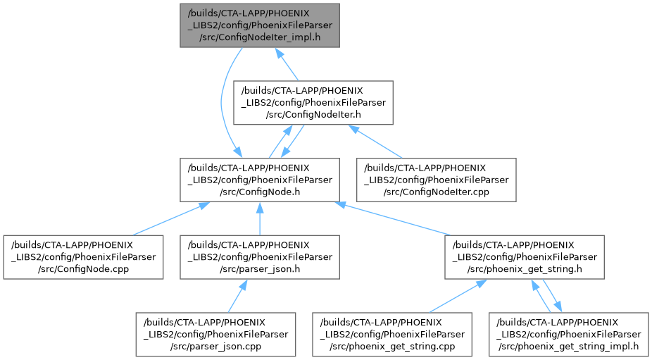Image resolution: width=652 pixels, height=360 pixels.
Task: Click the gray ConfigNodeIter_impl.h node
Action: point(260,25)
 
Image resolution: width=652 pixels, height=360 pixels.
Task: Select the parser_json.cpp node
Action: point(215,334)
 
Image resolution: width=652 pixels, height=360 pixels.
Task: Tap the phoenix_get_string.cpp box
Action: point(392,334)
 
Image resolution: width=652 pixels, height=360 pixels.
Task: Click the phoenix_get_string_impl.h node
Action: point(568,334)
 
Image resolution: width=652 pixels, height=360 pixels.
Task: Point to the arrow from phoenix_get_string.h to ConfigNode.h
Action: point(394,219)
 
